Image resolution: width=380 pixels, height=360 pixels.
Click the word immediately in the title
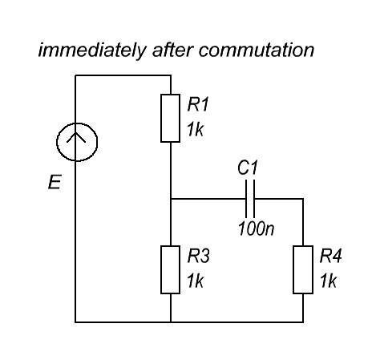point(92,51)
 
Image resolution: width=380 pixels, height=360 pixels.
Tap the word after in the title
point(173,50)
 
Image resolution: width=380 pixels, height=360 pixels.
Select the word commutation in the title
point(257,51)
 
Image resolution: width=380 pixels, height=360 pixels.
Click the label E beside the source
point(55,182)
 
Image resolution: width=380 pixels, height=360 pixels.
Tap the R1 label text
point(198,104)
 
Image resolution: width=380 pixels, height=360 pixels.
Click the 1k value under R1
point(196,130)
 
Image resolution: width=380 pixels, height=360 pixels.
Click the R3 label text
point(199,256)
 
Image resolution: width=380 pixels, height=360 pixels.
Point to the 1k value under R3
point(196,281)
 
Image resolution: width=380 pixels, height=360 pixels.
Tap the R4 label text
point(331,256)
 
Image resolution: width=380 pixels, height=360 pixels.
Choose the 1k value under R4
point(328,281)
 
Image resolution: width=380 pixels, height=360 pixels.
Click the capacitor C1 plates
point(250,199)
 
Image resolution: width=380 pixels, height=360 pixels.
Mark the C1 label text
point(248,168)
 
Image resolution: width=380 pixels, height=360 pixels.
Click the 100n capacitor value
point(256,229)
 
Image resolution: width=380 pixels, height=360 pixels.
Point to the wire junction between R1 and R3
point(171,199)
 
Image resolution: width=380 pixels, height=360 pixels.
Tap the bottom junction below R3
point(171,322)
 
